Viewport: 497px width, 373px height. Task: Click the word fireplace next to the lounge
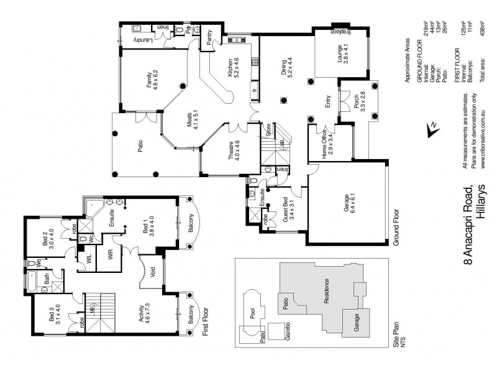(x=341, y=30)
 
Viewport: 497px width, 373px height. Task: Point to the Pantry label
(x=210, y=37)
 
